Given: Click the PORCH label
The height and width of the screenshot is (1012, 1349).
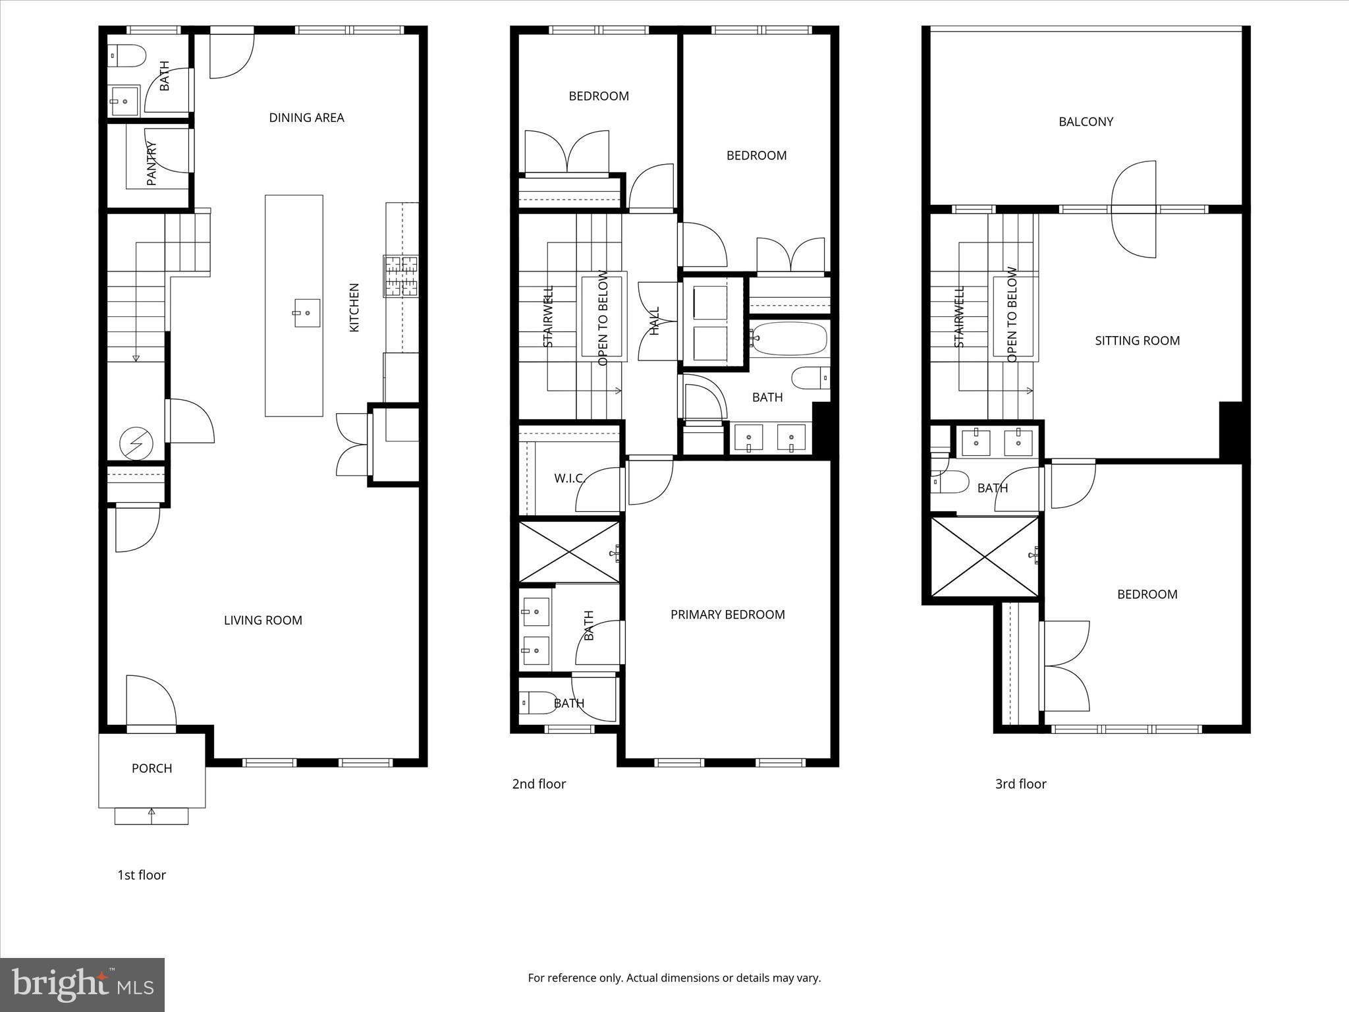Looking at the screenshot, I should pyautogui.click(x=151, y=768).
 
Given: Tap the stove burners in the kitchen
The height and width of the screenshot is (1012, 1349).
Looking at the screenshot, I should pyautogui.click(x=401, y=275).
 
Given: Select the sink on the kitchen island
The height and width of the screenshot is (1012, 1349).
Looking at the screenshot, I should pyautogui.click(x=306, y=313).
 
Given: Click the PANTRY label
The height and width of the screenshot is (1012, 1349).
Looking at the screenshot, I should pyautogui.click(x=151, y=163).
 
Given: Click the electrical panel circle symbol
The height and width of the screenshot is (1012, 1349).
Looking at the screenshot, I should pyautogui.click(x=136, y=444).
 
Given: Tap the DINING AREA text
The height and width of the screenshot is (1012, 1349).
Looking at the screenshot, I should pyautogui.click(x=306, y=118).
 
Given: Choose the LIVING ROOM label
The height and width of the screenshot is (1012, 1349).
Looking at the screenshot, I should pyautogui.click(x=263, y=620).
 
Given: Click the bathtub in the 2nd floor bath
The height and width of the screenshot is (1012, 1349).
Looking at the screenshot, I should pyautogui.click(x=789, y=339).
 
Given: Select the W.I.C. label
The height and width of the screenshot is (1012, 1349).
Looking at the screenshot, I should pyautogui.click(x=570, y=478).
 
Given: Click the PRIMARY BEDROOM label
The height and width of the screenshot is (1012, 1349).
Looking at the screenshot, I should pyautogui.click(x=727, y=615).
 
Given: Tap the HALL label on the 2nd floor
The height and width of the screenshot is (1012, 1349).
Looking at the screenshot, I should pyautogui.click(x=655, y=321).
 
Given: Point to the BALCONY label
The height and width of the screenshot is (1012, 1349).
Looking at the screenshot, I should pyautogui.click(x=1086, y=122).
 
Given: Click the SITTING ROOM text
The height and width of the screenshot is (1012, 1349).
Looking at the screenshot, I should pyautogui.click(x=1137, y=341).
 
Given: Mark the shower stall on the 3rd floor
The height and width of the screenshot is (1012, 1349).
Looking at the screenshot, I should pyautogui.click(x=985, y=557).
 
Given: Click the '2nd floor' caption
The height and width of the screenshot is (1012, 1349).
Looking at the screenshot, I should pyautogui.click(x=539, y=784).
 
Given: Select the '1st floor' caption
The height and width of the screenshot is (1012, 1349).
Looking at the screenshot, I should pyautogui.click(x=142, y=875).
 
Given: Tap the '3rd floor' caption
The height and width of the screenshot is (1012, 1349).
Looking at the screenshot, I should pyautogui.click(x=1020, y=784).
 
